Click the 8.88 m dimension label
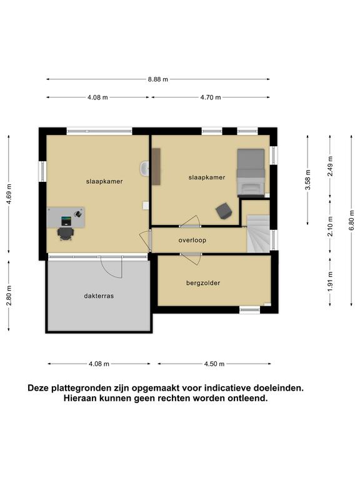[x=158, y=79]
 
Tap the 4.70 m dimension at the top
[x=211, y=97]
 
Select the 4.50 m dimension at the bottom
[x=214, y=364]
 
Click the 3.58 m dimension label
[x=308, y=180]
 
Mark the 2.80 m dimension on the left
[x=9, y=296]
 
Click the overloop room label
[x=192, y=240]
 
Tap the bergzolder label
[x=203, y=283]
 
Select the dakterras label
[x=99, y=296]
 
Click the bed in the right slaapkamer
[x=251, y=172]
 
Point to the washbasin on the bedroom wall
[x=144, y=168]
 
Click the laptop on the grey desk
[x=66, y=221]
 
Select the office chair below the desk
[x=66, y=234]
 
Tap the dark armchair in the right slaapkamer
[x=224, y=211]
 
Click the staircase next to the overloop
[x=258, y=234]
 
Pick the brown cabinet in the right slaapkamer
[x=156, y=166]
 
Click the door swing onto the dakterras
[x=112, y=267]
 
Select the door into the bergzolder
[x=191, y=259]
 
